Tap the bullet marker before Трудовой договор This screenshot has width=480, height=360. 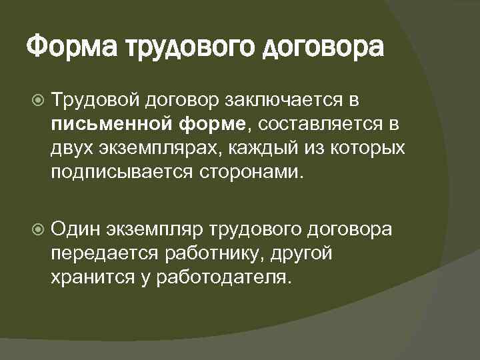37,100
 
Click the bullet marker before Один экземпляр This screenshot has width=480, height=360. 37,230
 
